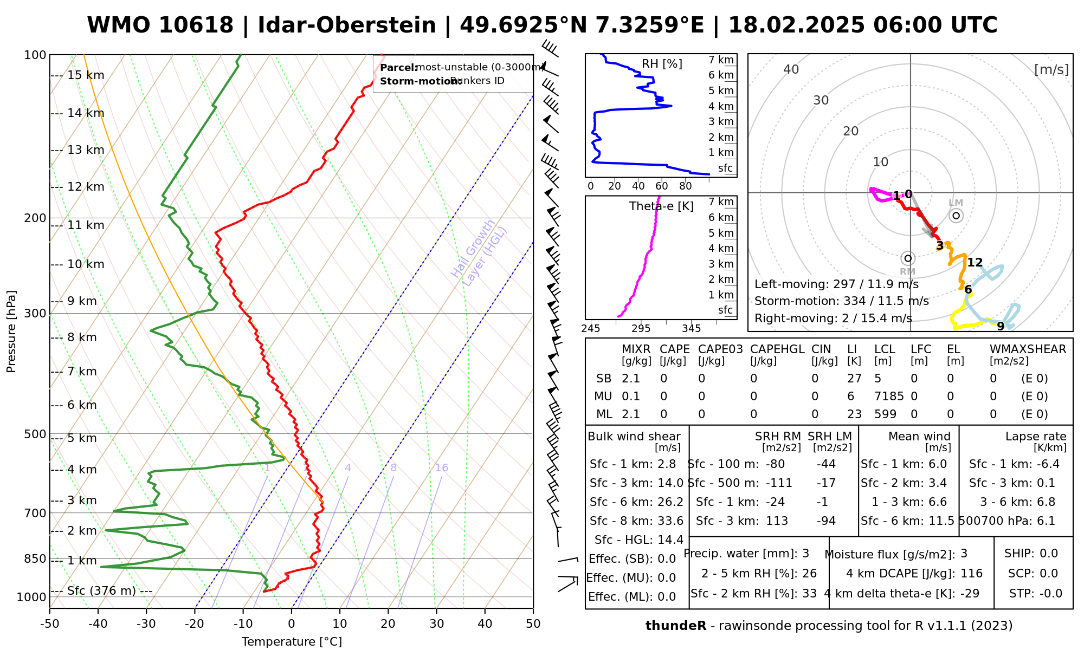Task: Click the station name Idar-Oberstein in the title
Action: point(347,25)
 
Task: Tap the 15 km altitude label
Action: point(86,75)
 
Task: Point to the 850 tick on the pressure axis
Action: point(36,559)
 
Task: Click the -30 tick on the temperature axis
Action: point(146,624)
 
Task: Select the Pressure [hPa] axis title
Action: point(11,331)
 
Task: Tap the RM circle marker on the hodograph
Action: point(908,258)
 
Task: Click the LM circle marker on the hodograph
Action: point(956,216)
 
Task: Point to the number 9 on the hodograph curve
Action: point(1001,326)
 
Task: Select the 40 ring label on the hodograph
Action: point(791,69)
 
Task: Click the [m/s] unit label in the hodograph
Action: point(1051,69)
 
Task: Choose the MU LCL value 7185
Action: point(889,396)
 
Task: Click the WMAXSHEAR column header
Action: point(1028,349)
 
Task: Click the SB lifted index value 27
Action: point(854,379)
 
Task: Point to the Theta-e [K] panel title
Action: point(661,206)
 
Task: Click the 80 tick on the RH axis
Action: point(686,186)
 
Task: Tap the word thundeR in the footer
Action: point(676,626)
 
